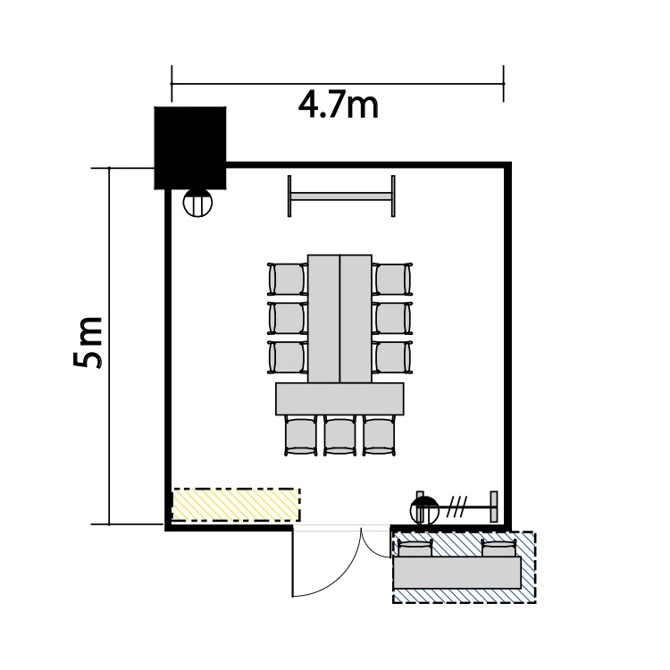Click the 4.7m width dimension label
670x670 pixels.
pos(338,106)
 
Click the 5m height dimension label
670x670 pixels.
pos(88,343)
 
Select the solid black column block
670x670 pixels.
pos(190,147)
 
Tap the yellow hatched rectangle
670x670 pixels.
pos(236,505)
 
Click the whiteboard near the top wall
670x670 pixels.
pos(341,197)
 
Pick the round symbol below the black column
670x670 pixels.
pos(197,203)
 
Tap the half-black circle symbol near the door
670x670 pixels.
pos(424,510)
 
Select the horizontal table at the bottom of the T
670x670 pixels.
pos(339,398)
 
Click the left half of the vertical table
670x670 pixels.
pos(324,319)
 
